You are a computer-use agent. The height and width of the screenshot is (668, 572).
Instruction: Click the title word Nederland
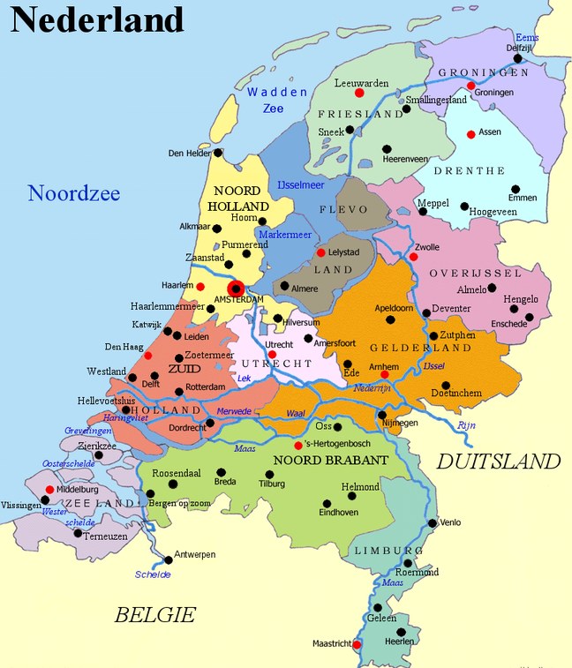click(97, 19)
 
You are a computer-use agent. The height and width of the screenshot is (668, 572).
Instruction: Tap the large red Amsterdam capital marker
click(236, 289)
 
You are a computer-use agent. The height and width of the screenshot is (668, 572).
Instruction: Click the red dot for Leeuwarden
click(359, 93)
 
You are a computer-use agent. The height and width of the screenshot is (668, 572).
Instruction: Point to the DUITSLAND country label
click(499, 461)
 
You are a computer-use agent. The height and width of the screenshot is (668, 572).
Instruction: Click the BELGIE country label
click(154, 614)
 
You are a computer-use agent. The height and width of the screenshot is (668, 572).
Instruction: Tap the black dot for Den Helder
click(220, 152)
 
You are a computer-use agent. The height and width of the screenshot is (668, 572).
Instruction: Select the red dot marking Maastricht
click(357, 644)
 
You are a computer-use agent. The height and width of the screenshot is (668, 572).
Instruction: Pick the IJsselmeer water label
click(301, 185)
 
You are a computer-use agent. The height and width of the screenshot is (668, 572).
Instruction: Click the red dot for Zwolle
click(413, 257)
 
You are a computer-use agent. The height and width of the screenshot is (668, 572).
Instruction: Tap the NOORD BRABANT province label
click(331, 461)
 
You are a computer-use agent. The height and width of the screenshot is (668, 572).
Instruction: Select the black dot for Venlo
click(433, 522)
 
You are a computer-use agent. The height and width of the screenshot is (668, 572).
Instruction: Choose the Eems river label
click(527, 38)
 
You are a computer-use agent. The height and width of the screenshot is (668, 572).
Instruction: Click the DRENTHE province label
click(475, 170)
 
